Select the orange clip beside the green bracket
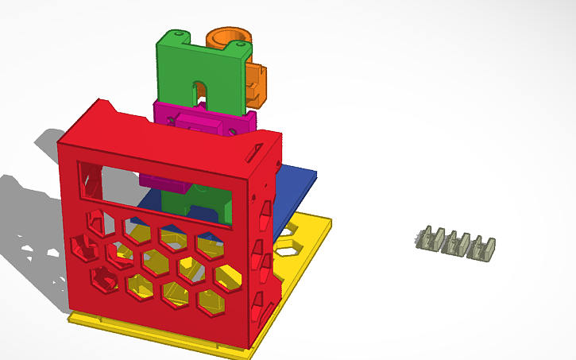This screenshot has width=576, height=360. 256,83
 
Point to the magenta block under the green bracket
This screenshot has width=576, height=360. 203,124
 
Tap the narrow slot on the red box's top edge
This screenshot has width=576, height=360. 256,148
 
